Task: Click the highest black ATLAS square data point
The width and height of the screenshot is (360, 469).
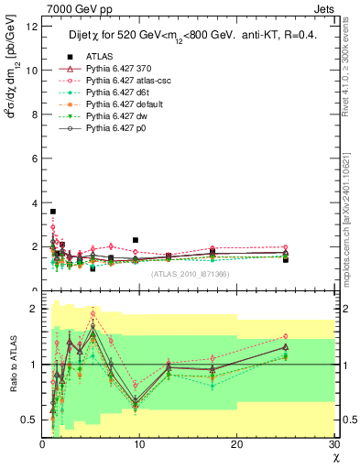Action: [x=53, y=212]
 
